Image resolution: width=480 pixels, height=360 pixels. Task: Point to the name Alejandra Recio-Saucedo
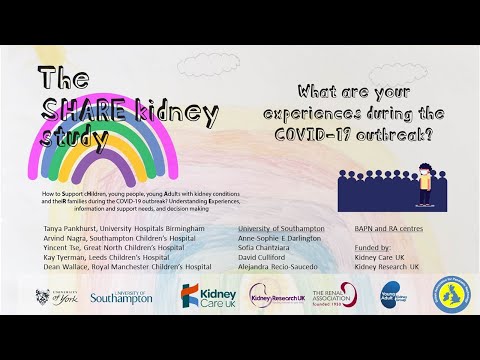283,267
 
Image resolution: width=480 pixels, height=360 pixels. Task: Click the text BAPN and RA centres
385,229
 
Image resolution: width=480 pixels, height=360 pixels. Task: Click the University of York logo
56,296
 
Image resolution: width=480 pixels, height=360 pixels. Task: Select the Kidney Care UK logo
208,295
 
